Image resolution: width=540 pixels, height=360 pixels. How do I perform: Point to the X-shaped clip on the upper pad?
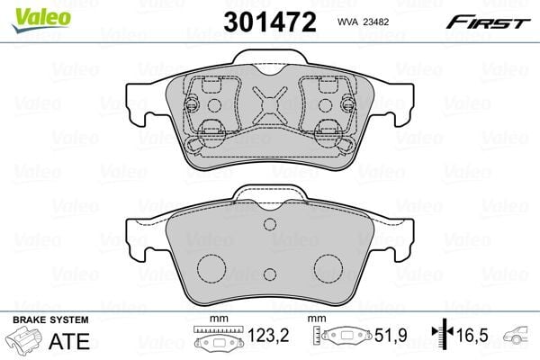(x=267, y=108)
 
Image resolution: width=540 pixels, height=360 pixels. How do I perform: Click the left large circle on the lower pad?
(x=211, y=266)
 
